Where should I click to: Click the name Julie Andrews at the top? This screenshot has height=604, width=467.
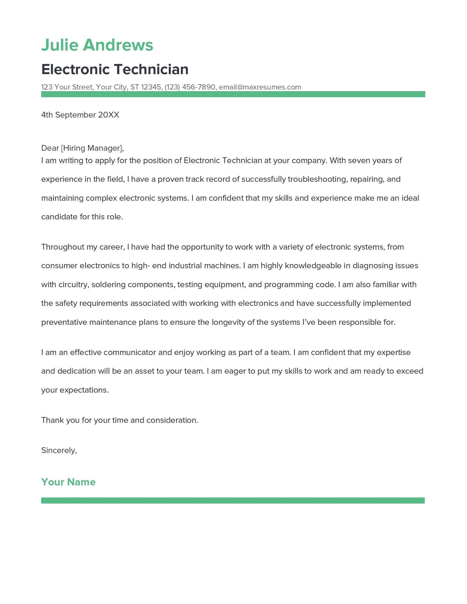97,45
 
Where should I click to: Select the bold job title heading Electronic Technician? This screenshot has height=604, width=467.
115,69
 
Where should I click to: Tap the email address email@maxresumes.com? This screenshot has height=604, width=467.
260,87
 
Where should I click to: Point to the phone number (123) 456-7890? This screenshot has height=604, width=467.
190,87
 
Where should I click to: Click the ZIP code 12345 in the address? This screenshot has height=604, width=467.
151,87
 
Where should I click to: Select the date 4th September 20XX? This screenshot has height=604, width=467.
80,115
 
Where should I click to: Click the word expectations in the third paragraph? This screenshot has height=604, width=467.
83,390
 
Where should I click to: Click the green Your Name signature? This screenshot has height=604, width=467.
68,482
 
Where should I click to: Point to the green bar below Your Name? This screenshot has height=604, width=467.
233,500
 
